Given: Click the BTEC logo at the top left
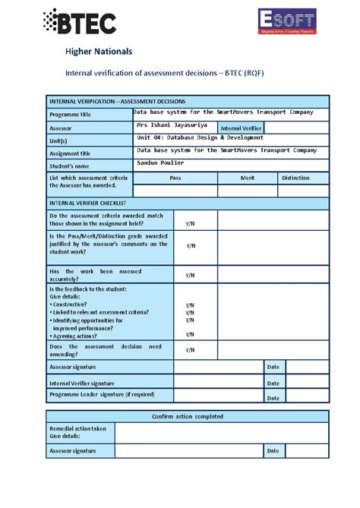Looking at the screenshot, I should tap(80, 22).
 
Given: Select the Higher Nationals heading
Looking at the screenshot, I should tap(99, 52).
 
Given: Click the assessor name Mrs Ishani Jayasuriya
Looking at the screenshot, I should tap(171, 125).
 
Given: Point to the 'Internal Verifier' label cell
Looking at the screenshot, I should tap(241, 128).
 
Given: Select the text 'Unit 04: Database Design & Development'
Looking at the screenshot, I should tap(201, 138).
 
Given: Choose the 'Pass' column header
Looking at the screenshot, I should tap(175, 178).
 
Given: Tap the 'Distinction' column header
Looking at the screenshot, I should tap(295, 178).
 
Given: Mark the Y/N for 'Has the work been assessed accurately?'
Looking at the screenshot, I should tap(190, 275).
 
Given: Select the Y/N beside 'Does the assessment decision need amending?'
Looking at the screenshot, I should tap(190, 350).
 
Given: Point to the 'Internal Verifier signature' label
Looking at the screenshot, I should tap(82, 384).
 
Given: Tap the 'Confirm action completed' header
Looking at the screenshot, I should tap(188, 416).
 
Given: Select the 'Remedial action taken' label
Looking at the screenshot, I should tap(77, 428).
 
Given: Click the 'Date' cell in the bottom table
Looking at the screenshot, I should tap(273, 451).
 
